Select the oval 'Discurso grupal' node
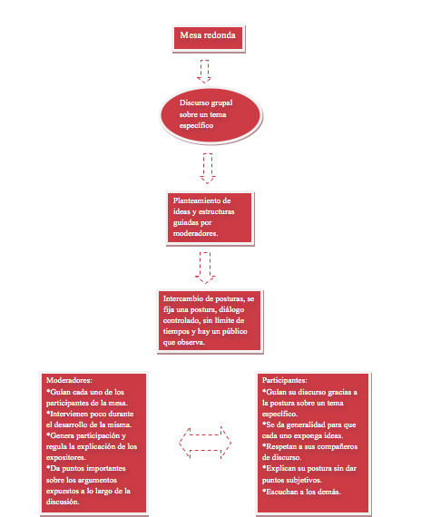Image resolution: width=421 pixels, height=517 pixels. [210, 115]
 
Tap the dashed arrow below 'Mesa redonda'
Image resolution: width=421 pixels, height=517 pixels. [204, 72]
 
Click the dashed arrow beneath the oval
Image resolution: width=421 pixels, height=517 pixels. [208, 169]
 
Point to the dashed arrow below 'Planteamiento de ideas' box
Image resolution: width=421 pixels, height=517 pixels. [205, 268]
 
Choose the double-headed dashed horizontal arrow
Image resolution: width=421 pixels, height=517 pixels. [205, 443]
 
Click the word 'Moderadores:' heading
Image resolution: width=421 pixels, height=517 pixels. [69, 380]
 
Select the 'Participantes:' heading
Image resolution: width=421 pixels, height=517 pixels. [284, 380]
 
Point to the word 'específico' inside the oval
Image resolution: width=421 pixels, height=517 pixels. [196, 126]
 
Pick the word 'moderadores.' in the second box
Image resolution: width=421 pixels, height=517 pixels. [195, 233]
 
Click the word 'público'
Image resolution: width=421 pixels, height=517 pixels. [234, 331]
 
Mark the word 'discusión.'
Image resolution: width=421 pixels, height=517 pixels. [63, 502]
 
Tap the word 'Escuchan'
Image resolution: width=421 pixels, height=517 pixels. [280, 492]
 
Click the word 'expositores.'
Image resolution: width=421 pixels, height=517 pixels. [66, 458]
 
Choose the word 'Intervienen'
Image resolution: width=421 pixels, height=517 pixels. [69, 414]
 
